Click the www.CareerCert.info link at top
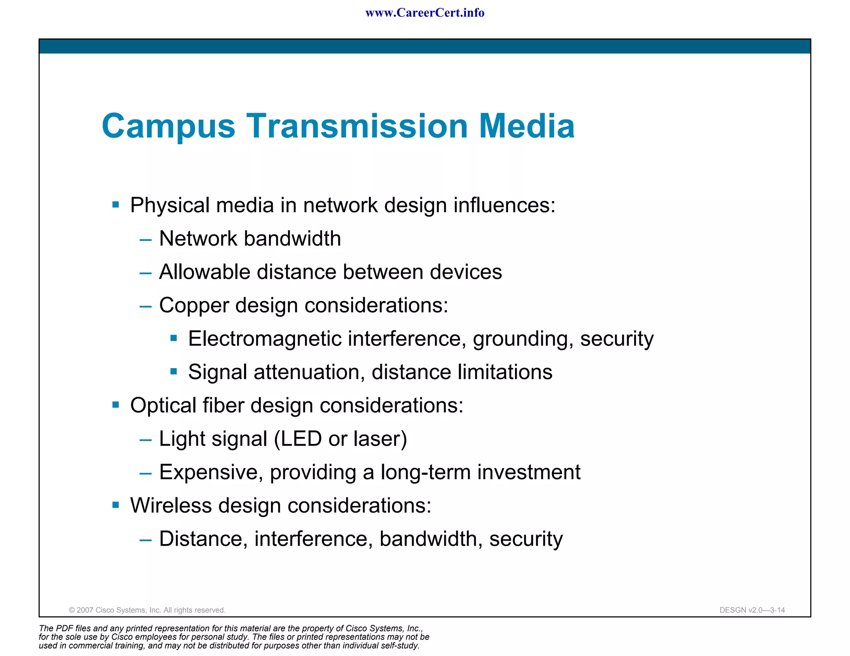pos(425,13)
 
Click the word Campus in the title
pos(169,126)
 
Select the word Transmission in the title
pos(357,126)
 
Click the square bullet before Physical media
pos(116,205)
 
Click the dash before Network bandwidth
pos(146,240)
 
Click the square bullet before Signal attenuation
pos(174,372)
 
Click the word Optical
pos(163,406)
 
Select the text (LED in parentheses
pos(298,439)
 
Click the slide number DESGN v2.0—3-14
pos(752,610)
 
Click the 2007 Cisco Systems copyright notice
pos(147,610)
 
